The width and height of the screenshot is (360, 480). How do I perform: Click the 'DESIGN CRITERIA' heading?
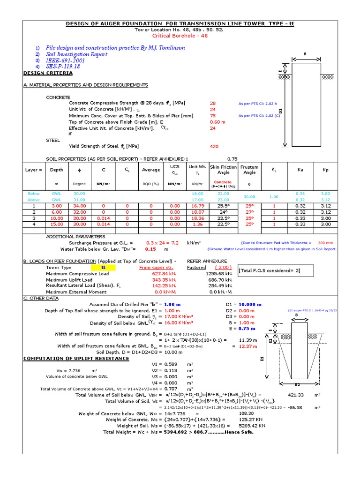coord(48,73)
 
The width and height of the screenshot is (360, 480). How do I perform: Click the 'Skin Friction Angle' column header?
coord(223,170)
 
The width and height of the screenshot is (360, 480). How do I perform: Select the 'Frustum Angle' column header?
coord(249,170)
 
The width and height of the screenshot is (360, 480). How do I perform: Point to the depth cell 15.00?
coord(57,224)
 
